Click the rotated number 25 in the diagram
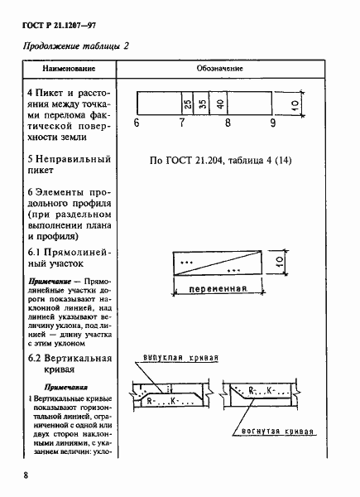(x=188, y=105)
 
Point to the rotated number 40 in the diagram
(x=220, y=105)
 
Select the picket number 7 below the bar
(x=181, y=123)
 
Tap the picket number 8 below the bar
(x=227, y=123)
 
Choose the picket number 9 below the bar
(x=272, y=123)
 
